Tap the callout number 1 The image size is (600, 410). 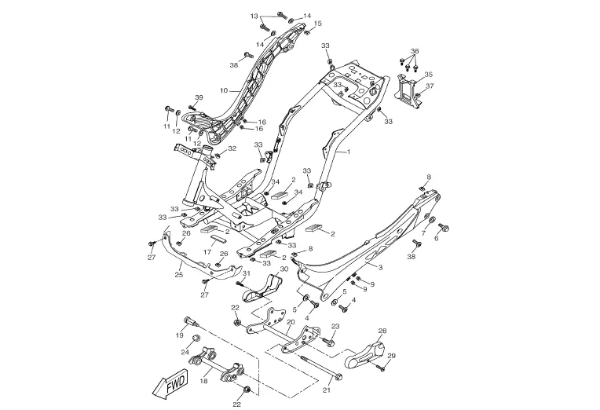tap(348, 150)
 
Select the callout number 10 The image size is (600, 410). tap(223, 91)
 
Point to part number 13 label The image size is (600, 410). tap(254, 16)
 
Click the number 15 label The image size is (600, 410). tap(318, 24)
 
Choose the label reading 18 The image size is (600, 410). tap(204, 380)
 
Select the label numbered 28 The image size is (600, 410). tap(383, 331)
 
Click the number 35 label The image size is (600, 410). tap(429, 75)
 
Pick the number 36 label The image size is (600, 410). tap(415, 51)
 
